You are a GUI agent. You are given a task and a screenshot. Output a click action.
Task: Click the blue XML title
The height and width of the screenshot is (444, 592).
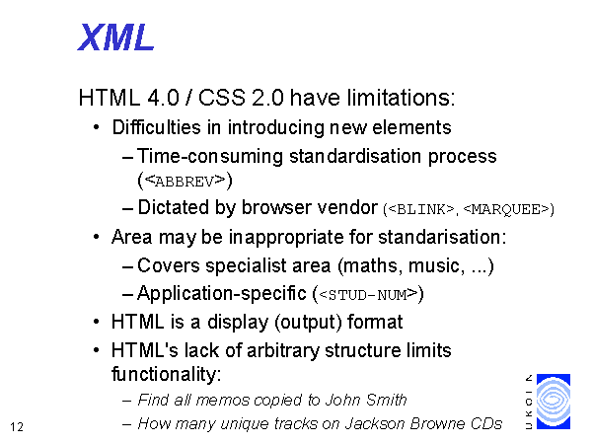115,37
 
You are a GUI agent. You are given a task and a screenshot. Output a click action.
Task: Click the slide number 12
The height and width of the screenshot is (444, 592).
17,427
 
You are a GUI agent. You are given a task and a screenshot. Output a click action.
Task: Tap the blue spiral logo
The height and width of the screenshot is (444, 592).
554,402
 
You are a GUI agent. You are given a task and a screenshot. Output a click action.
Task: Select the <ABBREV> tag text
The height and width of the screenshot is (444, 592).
185,181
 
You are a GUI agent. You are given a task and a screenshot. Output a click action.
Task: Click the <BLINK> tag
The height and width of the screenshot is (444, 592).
421,209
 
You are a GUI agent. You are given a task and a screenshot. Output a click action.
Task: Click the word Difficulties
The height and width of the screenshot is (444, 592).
157,127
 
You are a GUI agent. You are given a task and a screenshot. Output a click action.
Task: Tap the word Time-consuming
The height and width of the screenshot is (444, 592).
210,156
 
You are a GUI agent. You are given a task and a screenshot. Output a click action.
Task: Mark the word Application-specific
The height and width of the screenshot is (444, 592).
222,294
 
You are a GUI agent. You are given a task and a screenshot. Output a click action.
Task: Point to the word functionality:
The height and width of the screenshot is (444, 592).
166,374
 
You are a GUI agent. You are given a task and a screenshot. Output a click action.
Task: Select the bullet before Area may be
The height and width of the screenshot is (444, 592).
97,237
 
